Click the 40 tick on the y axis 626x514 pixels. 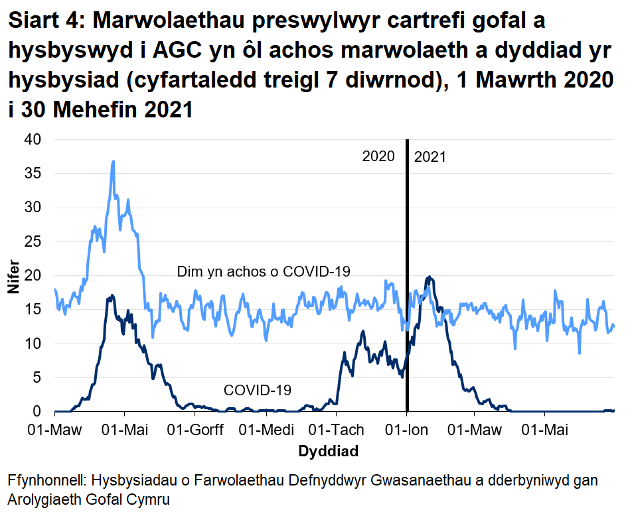(33, 139)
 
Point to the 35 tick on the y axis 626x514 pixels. (33, 174)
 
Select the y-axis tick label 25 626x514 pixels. (33, 241)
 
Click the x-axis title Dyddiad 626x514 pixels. (329, 452)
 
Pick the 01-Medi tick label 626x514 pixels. (267, 430)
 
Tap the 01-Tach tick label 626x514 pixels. (337, 430)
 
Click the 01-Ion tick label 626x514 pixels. (407, 430)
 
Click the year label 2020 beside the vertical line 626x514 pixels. (378, 157)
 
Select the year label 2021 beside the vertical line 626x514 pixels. (430, 157)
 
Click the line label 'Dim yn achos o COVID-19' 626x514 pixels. (264, 271)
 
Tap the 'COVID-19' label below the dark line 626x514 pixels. (258, 391)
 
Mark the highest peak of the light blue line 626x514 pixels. (114, 161)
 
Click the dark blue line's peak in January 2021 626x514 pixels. (429, 277)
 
